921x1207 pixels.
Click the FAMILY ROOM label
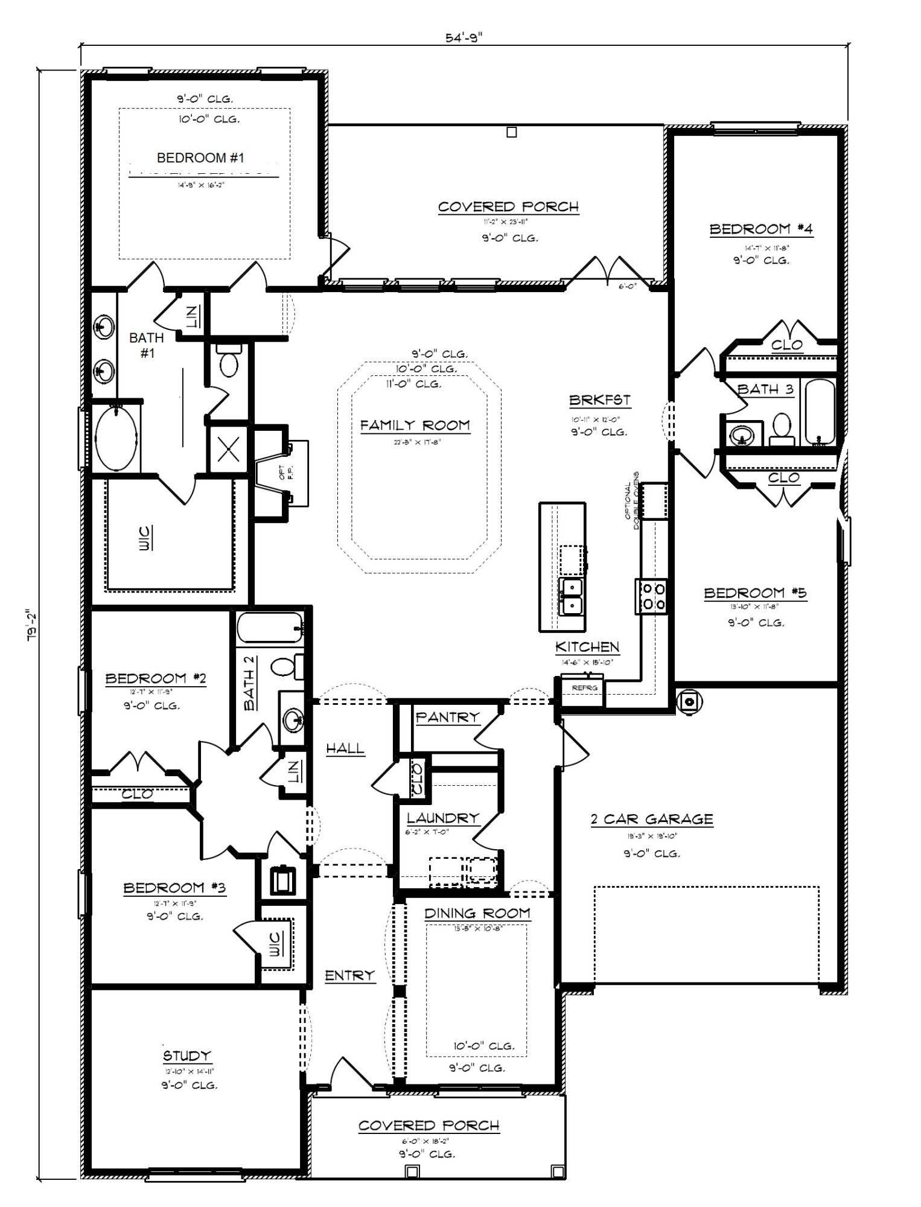tap(415, 425)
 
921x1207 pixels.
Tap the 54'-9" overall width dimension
tap(464, 37)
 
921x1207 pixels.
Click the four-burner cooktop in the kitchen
tap(651, 595)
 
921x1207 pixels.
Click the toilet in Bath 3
tap(782, 428)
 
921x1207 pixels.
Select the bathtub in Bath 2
tap(269, 628)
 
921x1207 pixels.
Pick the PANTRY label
tap(447, 717)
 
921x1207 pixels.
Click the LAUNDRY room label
tap(442, 818)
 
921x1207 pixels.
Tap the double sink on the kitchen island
tap(572, 596)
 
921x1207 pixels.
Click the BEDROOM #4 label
tap(760, 229)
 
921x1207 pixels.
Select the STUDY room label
tap(187, 1056)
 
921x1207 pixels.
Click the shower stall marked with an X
tap(228, 450)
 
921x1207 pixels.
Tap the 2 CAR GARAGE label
tap(651, 819)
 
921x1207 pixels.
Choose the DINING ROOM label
tap(477, 914)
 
